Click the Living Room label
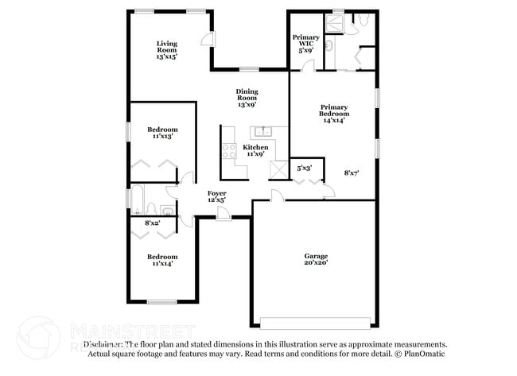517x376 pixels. [166, 50]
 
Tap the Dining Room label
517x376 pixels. [247, 98]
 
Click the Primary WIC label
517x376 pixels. [306, 44]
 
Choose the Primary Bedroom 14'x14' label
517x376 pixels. [335, 113]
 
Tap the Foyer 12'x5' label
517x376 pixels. [216, 196]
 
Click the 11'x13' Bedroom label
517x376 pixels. [162, 133]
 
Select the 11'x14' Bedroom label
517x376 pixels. [162, 260]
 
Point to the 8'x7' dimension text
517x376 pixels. [352, 172]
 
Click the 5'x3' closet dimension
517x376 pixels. [304, 168]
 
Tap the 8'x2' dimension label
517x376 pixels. [153, 225]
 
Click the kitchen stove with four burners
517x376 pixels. [229, 150]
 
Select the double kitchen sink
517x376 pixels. [262, 132]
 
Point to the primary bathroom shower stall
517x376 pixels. [338, 24]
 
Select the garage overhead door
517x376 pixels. [315, 323]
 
